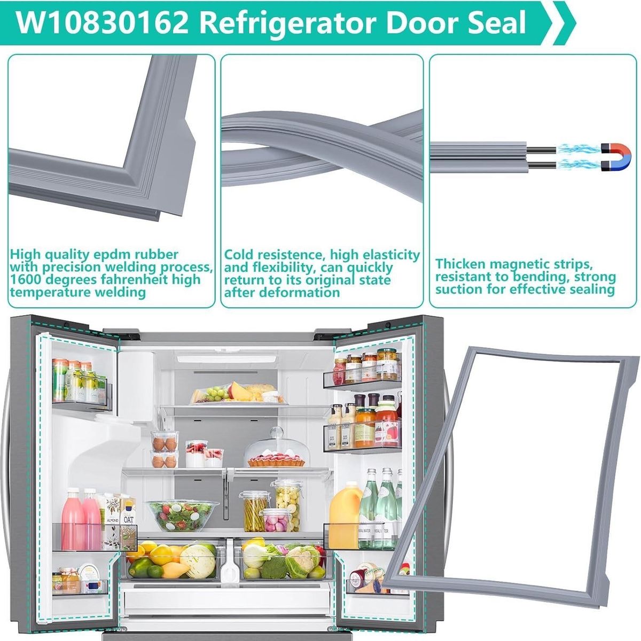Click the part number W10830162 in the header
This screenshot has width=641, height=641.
point(102,22)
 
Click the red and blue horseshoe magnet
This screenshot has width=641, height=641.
point(616,158)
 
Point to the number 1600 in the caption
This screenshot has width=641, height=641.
point(26,279)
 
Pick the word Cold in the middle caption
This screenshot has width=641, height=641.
point(240,255)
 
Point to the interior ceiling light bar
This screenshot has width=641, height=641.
point(226,359)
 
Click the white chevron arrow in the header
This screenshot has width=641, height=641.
point(564,22)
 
